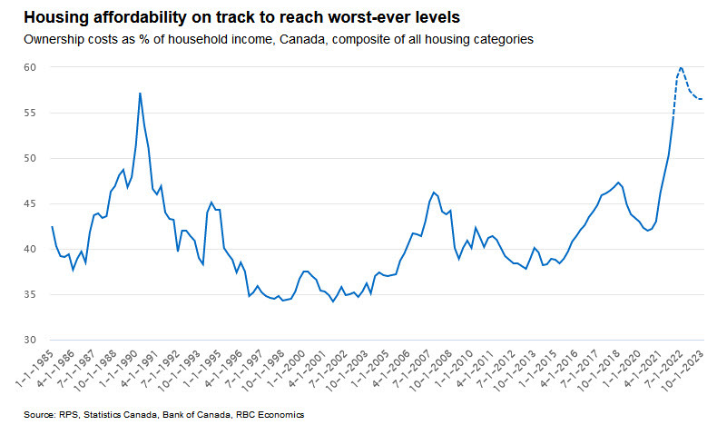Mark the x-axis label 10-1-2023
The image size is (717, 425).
click(x=698, y=368)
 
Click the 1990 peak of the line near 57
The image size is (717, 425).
click(x=140, y=93)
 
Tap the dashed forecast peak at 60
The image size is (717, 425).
click(x=681, y=68)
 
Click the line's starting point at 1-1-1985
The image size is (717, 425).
click(x=53, y=227)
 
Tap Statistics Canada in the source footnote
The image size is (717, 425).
click(x=123, y=414)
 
